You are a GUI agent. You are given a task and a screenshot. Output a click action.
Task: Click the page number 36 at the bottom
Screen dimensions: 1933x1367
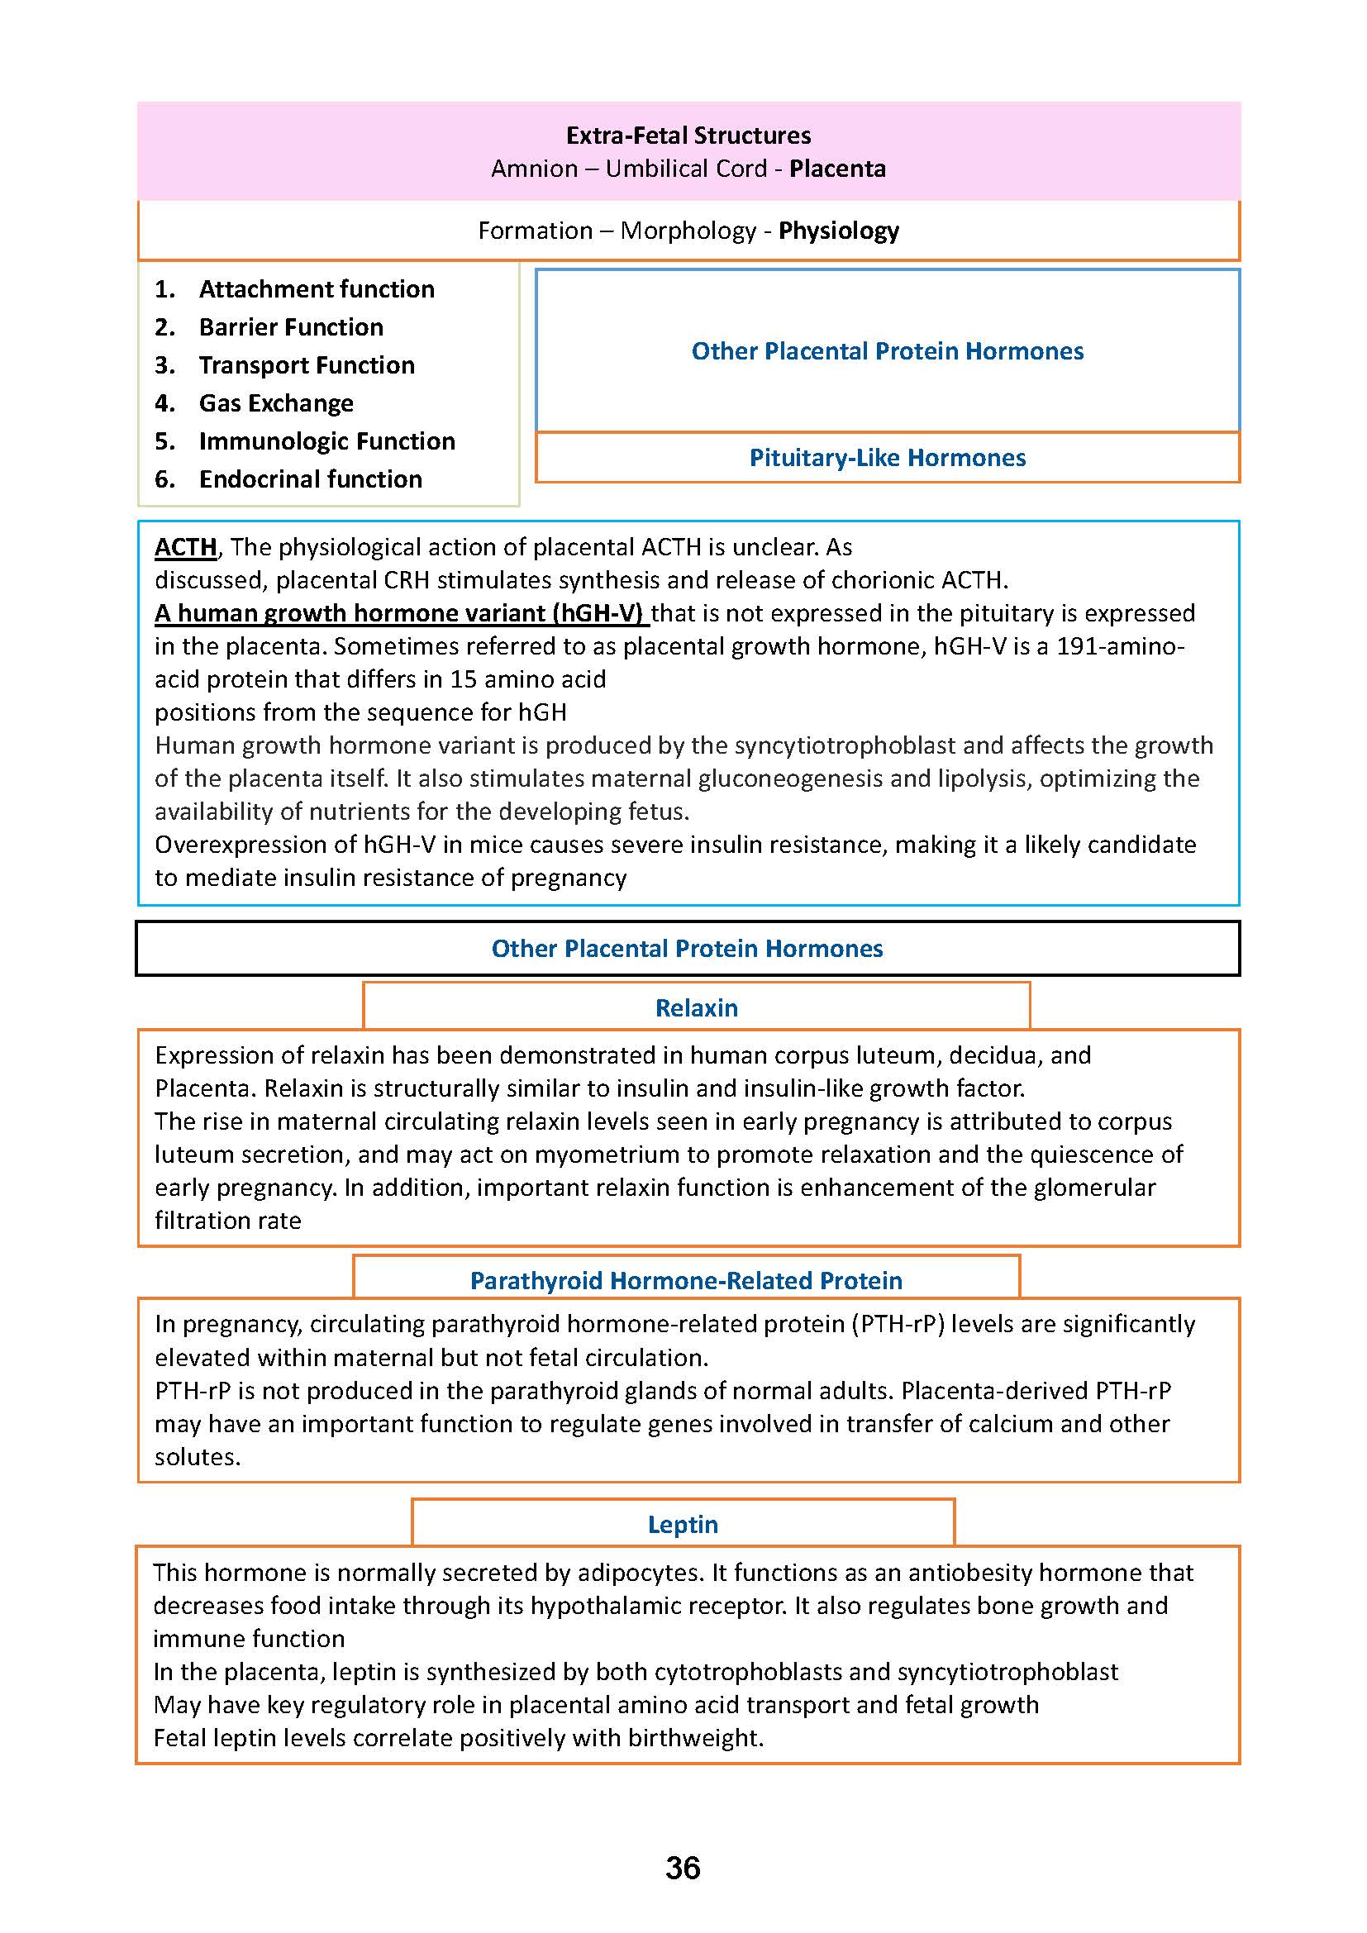pos(683,1868)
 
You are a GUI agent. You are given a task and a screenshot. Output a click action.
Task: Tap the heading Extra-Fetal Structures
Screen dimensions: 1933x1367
pos(688,136)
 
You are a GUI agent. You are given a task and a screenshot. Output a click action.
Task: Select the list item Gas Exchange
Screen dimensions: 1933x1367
pos(276,403)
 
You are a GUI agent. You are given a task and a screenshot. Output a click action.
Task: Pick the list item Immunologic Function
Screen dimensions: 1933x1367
pos(326,441)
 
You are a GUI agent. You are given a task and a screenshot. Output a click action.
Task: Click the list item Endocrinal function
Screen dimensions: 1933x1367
pos(311,479)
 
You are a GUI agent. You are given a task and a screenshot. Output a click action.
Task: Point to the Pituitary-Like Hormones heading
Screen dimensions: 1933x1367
pos(887,458)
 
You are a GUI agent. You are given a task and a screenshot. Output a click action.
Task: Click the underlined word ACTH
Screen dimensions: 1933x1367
pos(185,547)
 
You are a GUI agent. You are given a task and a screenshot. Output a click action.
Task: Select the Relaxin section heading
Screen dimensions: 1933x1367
pos(696,1007)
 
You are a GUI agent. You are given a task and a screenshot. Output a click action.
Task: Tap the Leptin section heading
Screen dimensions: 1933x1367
pos(683,1524)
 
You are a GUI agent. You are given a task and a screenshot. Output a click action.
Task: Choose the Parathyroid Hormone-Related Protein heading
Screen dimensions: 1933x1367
pos(686,1280)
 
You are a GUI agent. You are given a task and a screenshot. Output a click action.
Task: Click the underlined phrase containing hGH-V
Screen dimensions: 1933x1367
pos(401,613)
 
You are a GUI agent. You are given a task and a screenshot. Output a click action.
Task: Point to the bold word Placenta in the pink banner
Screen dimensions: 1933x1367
pos(836,169)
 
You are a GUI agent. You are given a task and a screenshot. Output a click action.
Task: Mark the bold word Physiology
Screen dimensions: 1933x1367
pos(838,231)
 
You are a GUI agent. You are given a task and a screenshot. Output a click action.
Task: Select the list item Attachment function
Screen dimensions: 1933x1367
pos(317,288)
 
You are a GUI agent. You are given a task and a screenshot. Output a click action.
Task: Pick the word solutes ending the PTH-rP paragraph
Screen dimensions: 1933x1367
pos(197,1456)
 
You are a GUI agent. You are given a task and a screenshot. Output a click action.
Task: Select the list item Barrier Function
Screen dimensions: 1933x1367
pos(290,326)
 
